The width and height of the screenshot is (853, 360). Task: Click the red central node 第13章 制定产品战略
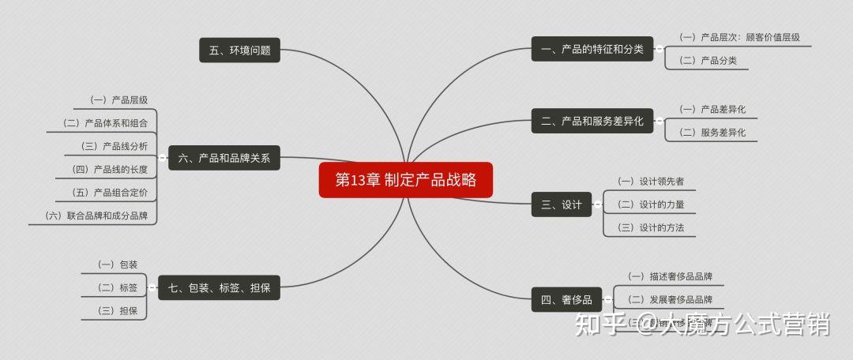point(406,180)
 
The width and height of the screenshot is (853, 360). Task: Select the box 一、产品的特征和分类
point(592,49)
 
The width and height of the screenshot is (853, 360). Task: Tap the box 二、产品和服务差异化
point(592,121)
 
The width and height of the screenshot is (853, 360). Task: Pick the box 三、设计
point(562,204)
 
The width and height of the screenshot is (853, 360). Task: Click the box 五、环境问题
point(239,50)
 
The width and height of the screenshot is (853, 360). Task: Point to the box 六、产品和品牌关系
point(224,158)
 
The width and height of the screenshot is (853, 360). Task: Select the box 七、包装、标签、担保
point(220,288)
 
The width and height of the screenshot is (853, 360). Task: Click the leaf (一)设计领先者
point(650,182)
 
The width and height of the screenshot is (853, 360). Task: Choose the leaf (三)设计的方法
point(650,227)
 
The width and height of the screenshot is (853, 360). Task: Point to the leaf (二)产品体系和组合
point(105,123)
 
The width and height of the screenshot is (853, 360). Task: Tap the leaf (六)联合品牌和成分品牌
point(96,216)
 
